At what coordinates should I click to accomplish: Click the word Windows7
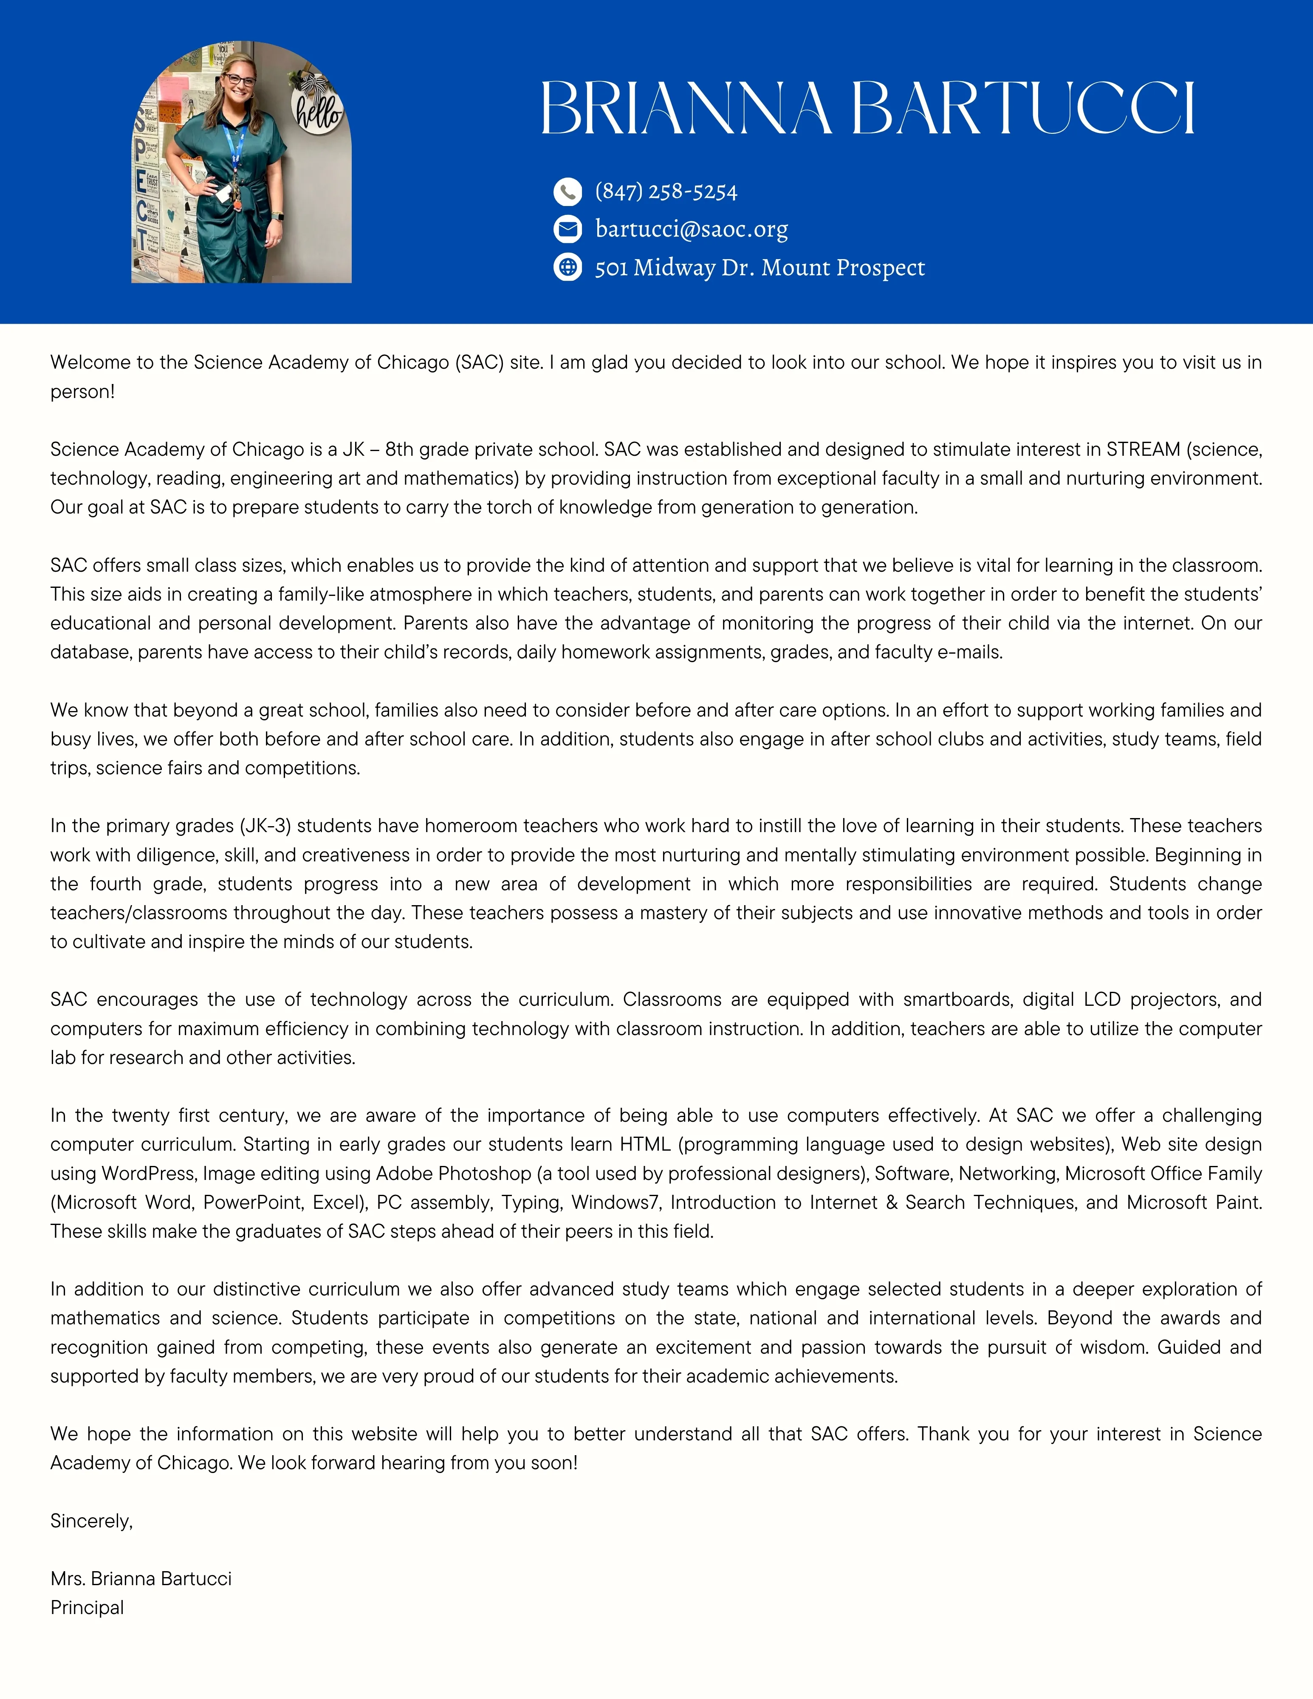pos(615,1203)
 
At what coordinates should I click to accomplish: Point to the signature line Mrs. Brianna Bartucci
pos(141,1578)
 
